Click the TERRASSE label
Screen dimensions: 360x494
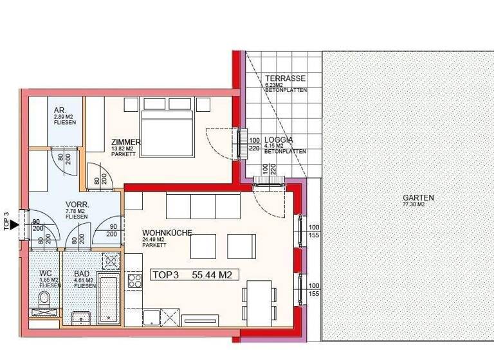(285, 78)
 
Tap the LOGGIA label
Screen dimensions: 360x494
(279, 139)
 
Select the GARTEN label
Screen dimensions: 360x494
(418, 198)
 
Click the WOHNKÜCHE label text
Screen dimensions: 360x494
(167, 233)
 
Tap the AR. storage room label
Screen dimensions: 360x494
(59, 110)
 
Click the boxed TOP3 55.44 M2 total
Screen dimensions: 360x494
(192, 275)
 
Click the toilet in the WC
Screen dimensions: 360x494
(44, 299)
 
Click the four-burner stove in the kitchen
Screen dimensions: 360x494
(136, 280)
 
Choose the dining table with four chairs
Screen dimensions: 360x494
(259, 305)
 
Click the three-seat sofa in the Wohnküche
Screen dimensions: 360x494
(203, 206)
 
